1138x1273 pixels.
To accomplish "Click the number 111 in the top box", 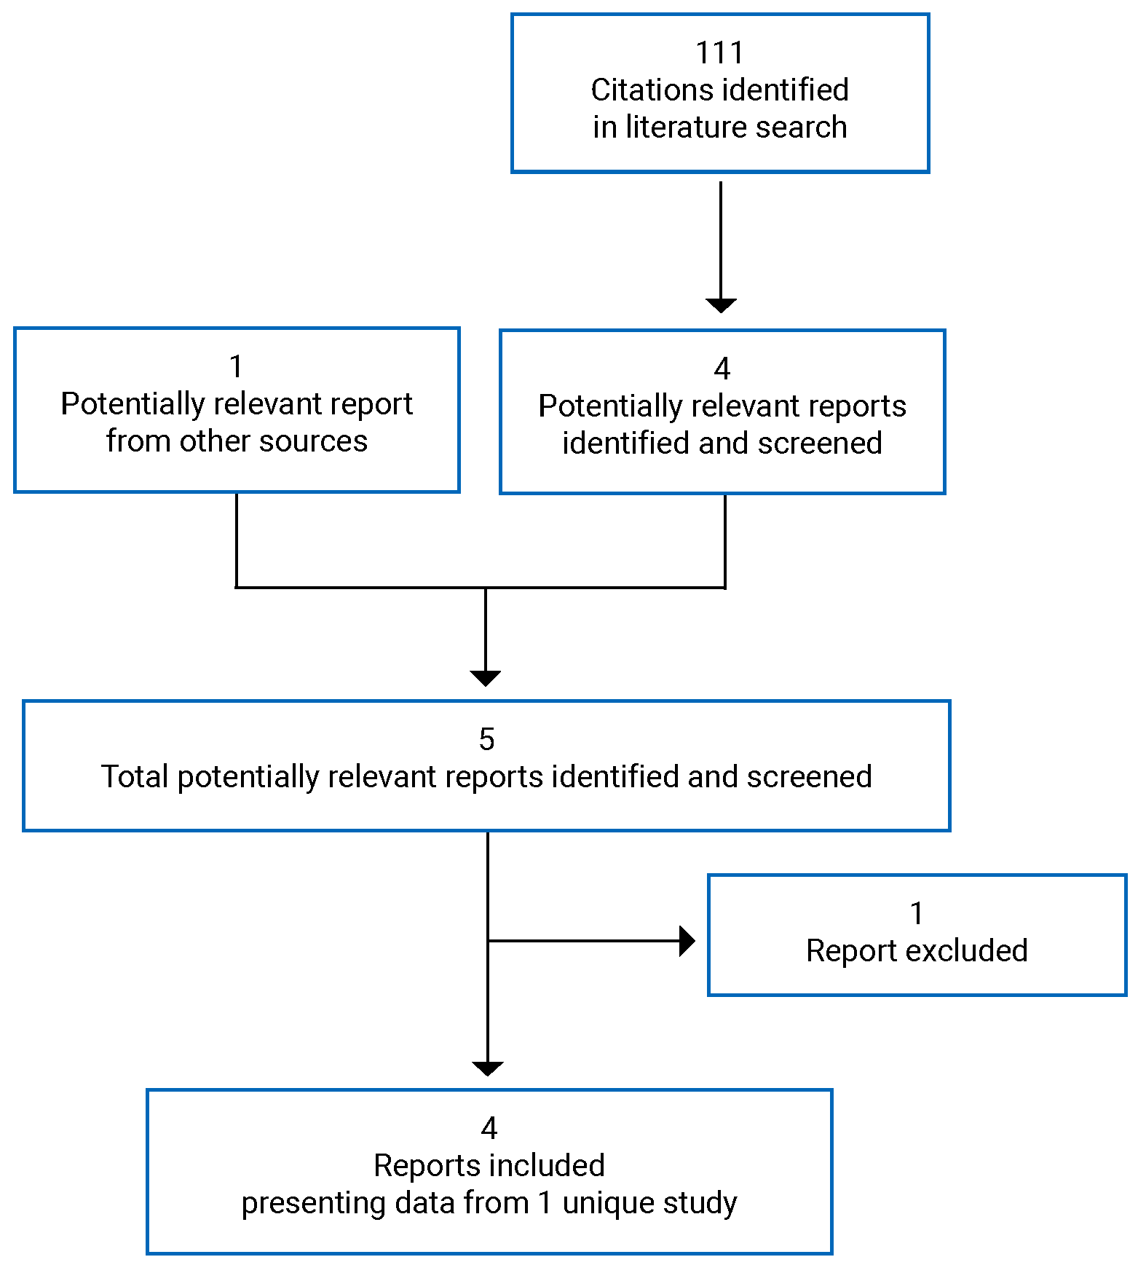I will click(x=719, y=52).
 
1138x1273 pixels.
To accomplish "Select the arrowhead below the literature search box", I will click(x=721, y=305).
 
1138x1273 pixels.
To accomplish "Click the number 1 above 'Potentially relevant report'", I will click(x=236, y=366).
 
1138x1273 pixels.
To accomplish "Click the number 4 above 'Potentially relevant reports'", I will click(x=722, y=368).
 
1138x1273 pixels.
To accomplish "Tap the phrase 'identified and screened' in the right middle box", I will click(x=722, y=444).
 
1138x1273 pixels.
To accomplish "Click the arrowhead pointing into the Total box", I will click(x=486, y=678).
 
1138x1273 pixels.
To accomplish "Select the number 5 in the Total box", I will click(x=486, y=739).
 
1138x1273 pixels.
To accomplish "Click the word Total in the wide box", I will click(x=135, y=777).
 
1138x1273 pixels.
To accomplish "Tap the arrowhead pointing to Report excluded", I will click(x=687, y=941).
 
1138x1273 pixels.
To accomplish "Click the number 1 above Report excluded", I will click(x=917, y=913).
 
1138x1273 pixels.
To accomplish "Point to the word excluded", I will click(x=967, y=951).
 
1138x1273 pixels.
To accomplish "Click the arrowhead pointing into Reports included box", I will click(x=488, y=1068).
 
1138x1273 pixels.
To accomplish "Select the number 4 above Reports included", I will click(x=489, y=1128).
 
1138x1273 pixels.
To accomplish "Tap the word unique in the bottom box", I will click(x=609, y=1204).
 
